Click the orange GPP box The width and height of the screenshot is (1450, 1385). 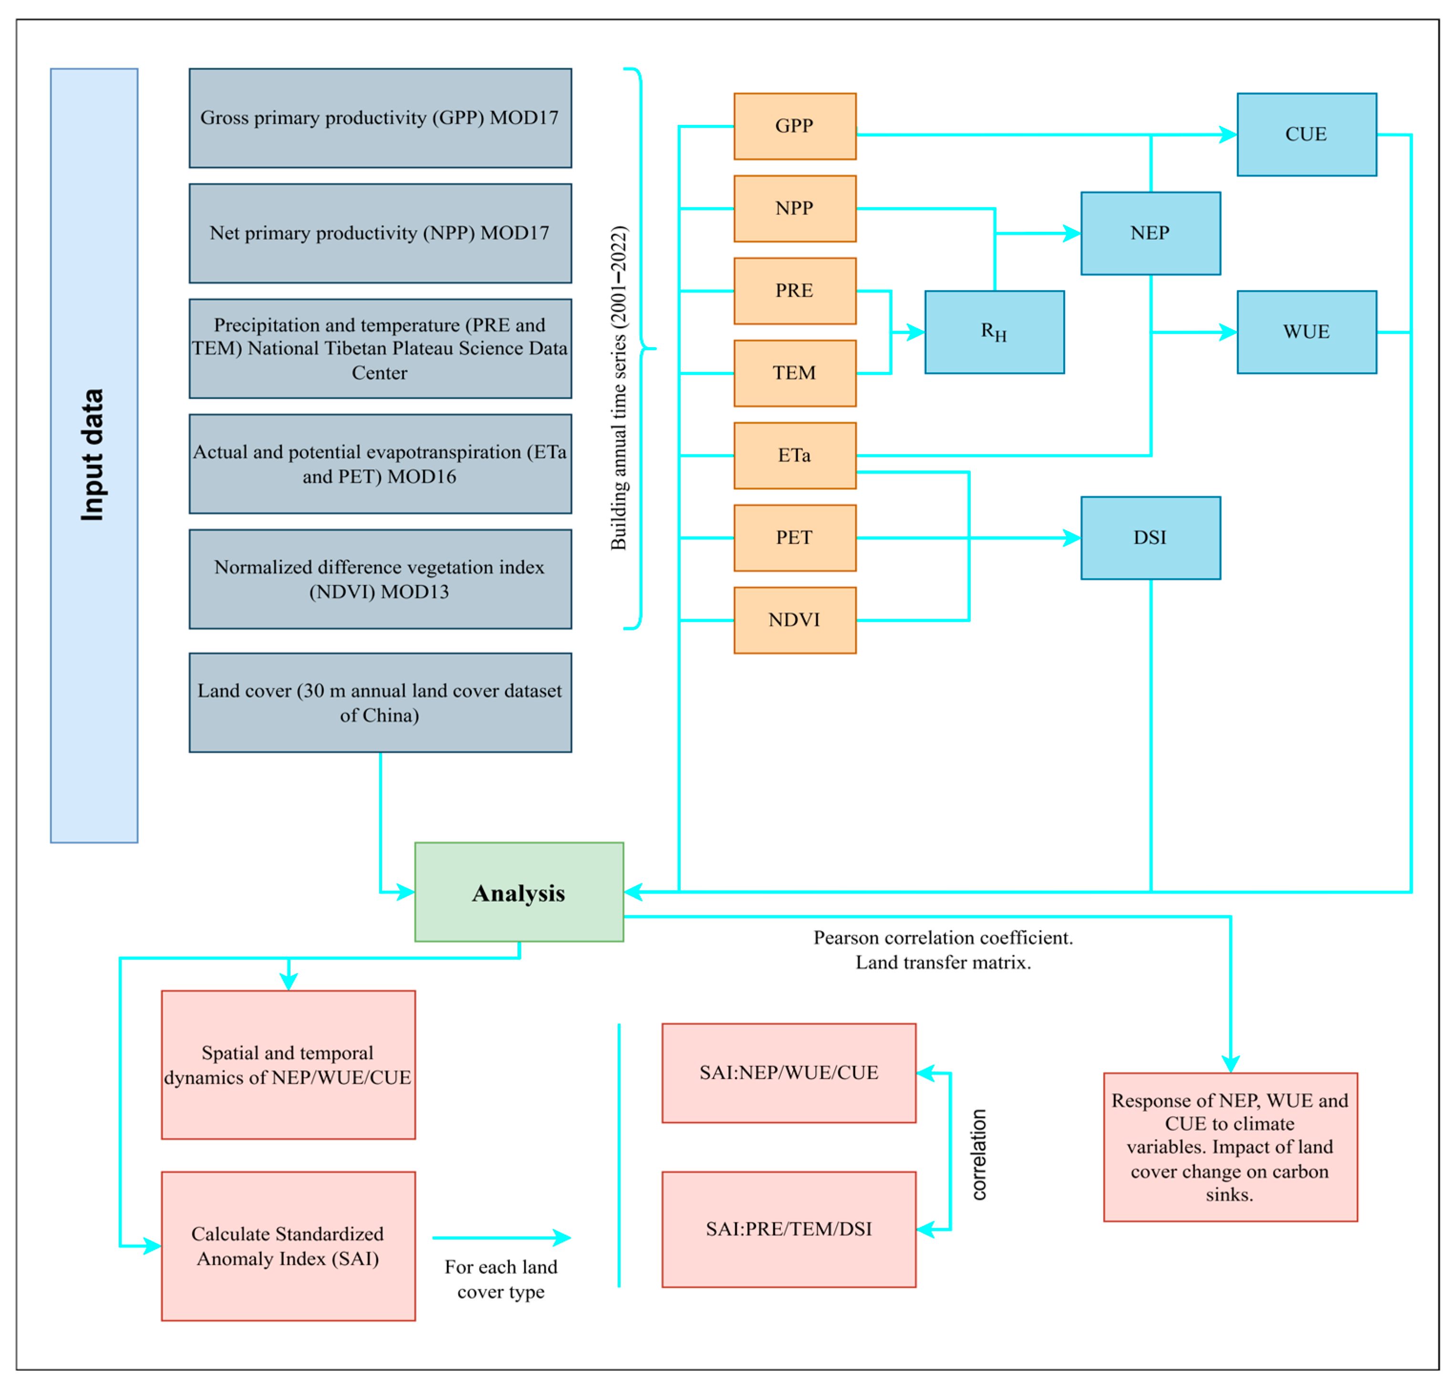[x=794, y=126]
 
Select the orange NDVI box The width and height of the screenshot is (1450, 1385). [x=794, y=620]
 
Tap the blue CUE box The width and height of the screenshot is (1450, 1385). [x=1306, y=134]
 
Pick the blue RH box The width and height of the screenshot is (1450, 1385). [x=994, y=332]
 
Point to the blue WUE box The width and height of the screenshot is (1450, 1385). [x=1306, y=332]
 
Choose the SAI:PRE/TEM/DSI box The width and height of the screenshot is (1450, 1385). [x=788, y=1229]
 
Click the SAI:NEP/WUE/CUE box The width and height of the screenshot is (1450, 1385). [x=788, y=1073]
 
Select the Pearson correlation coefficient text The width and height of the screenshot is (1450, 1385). [x=943, y=938]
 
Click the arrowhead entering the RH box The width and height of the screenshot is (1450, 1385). [x=916, y=332]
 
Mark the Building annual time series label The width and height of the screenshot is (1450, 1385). [x=619, y=388]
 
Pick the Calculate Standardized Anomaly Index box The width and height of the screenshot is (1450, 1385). [x=288, y=1246]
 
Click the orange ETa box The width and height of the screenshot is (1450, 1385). [x=794, y=455]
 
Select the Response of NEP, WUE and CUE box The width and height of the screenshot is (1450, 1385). [x=1230, y=1147]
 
